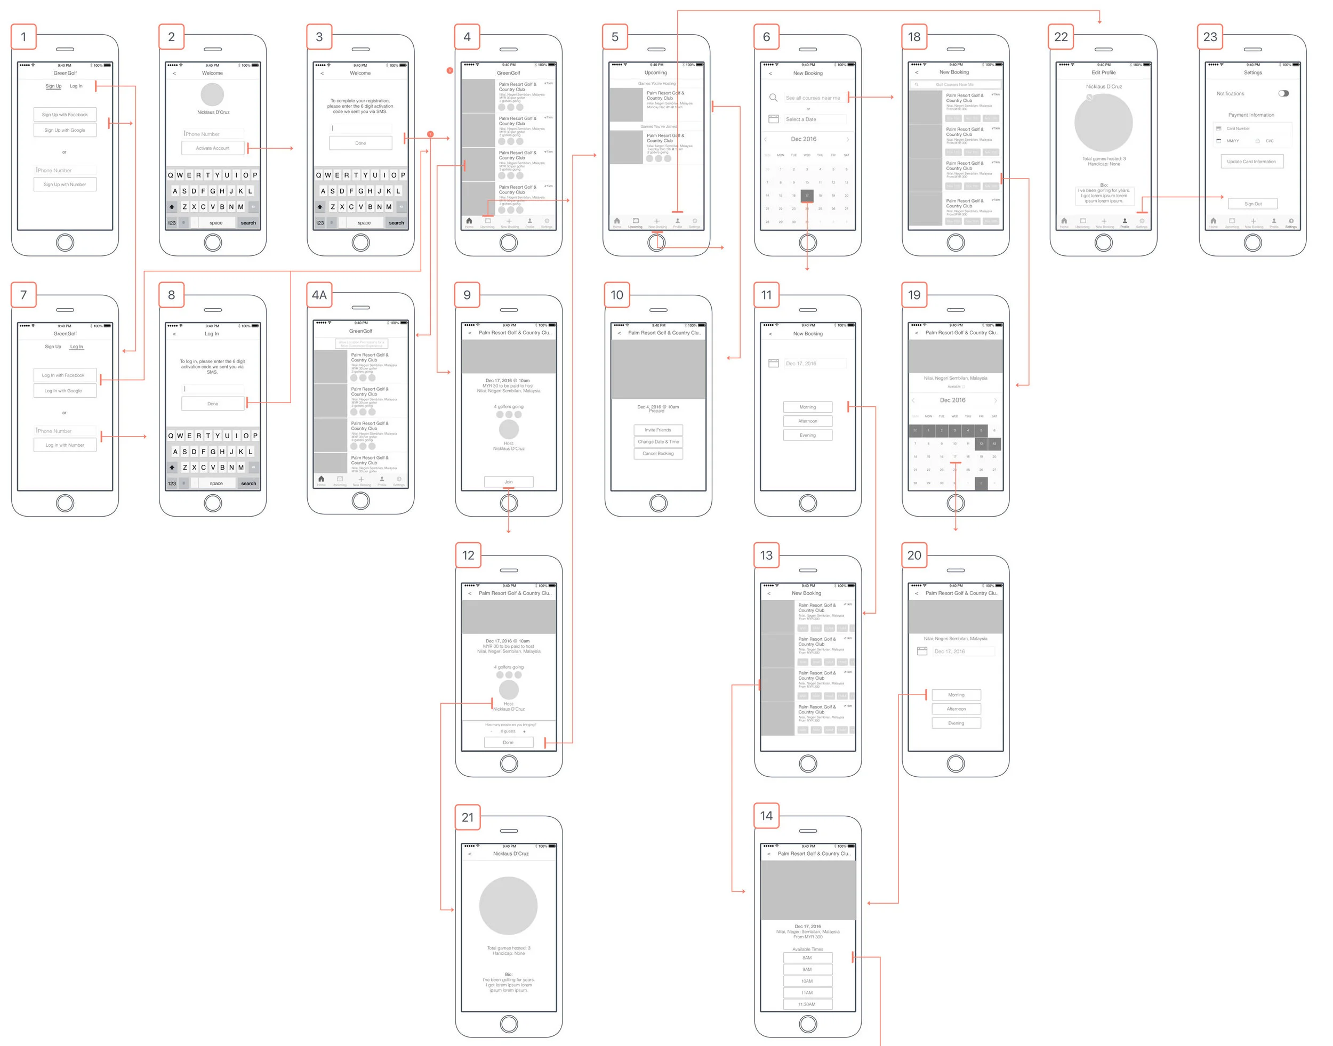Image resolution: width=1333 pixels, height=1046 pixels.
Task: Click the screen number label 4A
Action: tap(319, 295)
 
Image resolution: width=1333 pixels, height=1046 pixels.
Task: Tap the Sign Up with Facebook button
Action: tap(65, 115)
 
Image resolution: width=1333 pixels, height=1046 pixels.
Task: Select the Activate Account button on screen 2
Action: tap(213, 148)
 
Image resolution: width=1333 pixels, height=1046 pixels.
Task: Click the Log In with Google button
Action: tap(65, 391)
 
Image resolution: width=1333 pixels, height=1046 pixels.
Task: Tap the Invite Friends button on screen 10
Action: tap(658, 430)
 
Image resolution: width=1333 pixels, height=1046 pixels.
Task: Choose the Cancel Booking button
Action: tap(658, 454)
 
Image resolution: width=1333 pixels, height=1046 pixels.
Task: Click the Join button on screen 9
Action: tap(509, 482)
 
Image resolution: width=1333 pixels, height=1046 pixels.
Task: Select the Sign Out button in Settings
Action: tap(1252, 204)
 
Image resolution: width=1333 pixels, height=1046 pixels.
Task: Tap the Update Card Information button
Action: tap(1251, 162)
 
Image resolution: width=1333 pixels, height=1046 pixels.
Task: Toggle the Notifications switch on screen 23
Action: tap(1283, 94)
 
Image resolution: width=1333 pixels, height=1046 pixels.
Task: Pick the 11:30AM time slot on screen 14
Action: tap(807, 1004)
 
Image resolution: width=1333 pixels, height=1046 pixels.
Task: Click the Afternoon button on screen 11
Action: tap(807, 421)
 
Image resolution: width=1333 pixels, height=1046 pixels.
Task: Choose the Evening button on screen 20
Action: tap(955, 723)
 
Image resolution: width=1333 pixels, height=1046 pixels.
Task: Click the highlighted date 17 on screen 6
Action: tap(807, 195)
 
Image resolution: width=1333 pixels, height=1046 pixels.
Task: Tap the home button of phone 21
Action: tap(509, 1024)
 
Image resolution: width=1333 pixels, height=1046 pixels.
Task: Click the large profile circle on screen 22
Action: tap(1103, 123)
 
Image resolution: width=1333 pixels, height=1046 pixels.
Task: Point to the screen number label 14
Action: tap(766, 816)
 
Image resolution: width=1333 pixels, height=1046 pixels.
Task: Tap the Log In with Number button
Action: tap(65, 445)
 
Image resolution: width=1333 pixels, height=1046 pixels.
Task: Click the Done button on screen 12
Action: tap(509, 742)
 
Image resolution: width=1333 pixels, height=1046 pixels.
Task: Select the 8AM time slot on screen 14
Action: tap(807, 958)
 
